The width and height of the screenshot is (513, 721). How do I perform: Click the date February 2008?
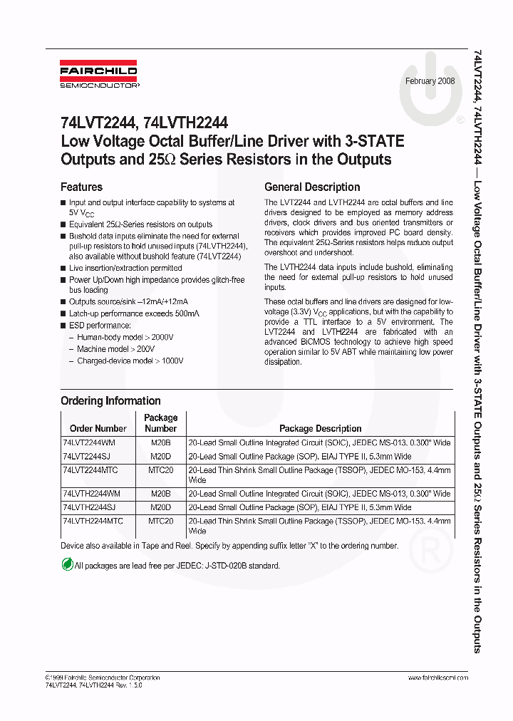coord(430,81)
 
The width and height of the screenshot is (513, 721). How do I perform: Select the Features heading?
coord(82,187)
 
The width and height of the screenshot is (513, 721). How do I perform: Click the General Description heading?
coord(312,187)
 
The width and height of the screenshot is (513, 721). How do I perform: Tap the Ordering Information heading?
coord(110,400)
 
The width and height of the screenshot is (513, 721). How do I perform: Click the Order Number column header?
coord(98,429)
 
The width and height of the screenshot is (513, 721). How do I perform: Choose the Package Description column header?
coord(320,429)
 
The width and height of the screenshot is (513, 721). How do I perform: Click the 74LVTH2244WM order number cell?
coord(92,494)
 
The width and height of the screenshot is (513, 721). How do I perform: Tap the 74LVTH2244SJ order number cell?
coord(90,507)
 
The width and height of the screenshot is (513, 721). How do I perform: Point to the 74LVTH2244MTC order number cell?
coord(93,521)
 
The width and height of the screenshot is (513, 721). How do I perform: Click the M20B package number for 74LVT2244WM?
coord(161,442)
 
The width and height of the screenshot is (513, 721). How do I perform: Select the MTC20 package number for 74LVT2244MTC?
coord(161,470)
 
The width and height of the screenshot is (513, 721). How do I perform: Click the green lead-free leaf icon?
coord(67,564)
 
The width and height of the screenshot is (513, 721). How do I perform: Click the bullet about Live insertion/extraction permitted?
coord(125,268)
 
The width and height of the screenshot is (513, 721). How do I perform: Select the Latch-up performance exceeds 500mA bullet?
coord(134,313)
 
